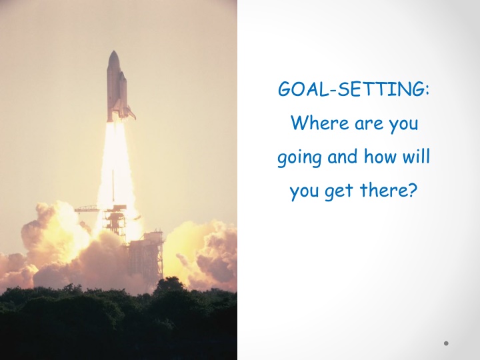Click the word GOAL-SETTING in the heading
pos(351,89)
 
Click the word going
pos(299,158)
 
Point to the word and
pos(343,156)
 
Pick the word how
pos(380,156)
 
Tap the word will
pos(416,156)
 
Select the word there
pos(383,189)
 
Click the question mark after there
pos(413,190)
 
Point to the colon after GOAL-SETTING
pos(427,91)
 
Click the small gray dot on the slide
pos(446,343)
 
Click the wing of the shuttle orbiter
pos(130,113)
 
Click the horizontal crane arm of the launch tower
pos(88,209)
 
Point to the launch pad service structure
pos(146,255)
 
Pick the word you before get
pos(304,192)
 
